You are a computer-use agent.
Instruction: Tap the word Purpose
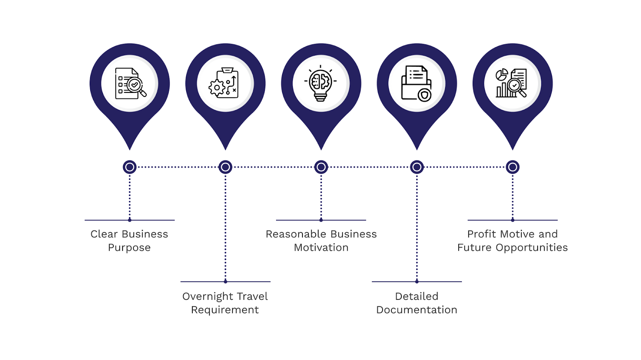click(129, 248)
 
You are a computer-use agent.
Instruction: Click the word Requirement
click(225, 310)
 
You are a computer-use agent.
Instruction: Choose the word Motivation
click(321, 247)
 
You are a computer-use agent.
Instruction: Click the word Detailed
click(417, 296)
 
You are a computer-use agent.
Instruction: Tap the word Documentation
click(417, 310)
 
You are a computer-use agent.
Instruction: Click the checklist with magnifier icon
click(130, 83)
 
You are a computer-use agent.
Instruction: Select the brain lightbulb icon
click(321, 83)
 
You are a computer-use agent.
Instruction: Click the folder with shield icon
click(417, 83)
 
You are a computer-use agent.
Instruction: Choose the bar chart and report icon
click(512, 83)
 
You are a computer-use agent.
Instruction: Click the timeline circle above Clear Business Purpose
click(130, 167)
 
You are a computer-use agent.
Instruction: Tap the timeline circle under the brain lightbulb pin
click(321, 167)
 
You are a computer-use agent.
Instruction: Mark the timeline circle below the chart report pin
click(512, 167)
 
